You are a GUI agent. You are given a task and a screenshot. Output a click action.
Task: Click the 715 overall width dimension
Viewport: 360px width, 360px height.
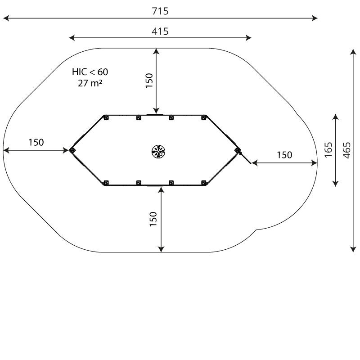coord(160,11)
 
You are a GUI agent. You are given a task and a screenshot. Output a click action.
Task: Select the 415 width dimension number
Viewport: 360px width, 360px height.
coord(160,31)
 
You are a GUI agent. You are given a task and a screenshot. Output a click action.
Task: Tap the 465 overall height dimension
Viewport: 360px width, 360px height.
coord(347,150)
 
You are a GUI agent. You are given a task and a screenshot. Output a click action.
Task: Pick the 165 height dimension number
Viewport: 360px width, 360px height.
coord(328,150)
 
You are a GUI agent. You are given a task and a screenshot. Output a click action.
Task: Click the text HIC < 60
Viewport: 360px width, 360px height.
coord(90,72)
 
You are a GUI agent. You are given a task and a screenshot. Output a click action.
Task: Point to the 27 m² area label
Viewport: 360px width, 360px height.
coord(90,83)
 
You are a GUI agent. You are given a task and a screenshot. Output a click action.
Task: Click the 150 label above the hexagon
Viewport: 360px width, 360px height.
coord(149,81)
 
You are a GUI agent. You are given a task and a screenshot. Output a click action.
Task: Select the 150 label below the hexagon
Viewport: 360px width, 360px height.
coord(153,219)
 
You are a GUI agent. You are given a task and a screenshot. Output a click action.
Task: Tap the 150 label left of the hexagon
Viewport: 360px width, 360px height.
coord(36,142)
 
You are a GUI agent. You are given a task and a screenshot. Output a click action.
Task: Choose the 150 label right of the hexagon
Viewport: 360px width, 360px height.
coord(284,155)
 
